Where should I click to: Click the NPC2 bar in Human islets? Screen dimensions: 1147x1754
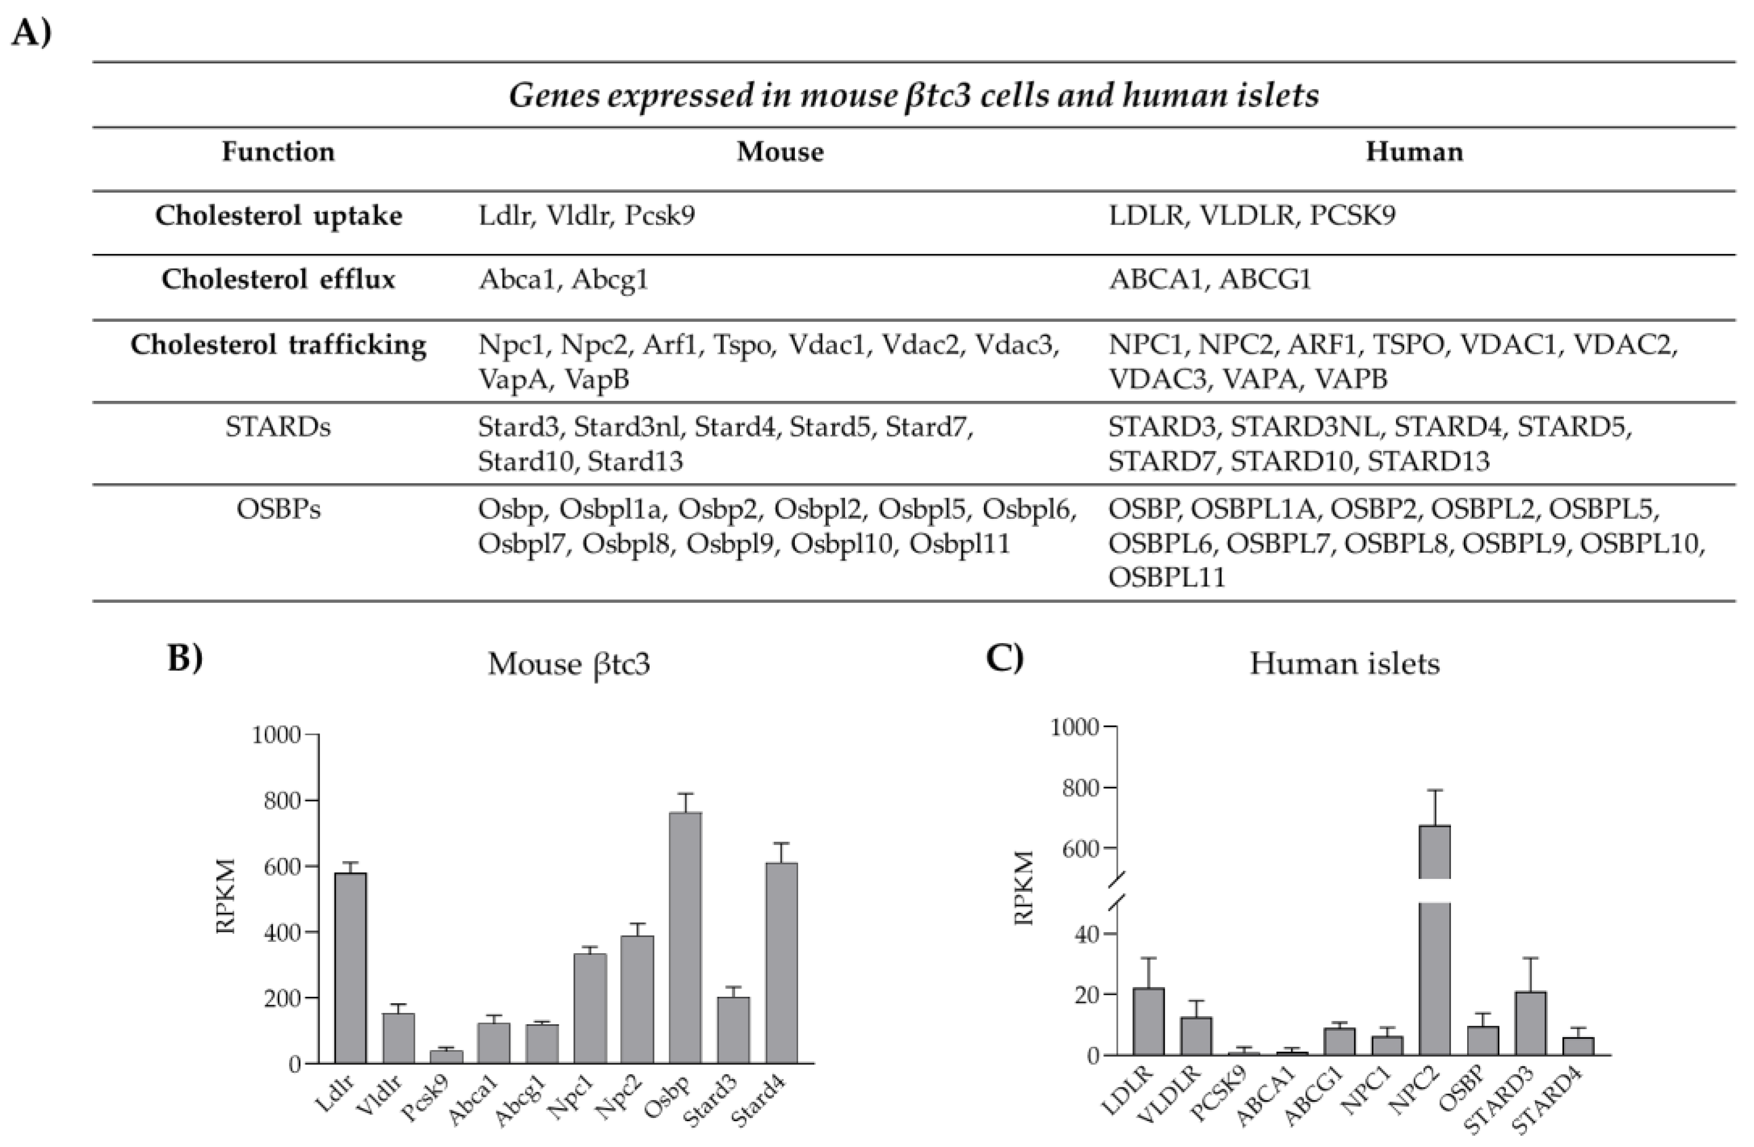[x=1435, y=958]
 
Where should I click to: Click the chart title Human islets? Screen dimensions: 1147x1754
[x=1344, y=664]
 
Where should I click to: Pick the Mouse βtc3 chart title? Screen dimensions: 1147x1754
[x=568, y=664]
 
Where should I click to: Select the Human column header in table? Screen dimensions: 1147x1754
[x=1413, y=152]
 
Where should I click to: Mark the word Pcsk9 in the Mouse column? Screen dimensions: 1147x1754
[x=660, y=216]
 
